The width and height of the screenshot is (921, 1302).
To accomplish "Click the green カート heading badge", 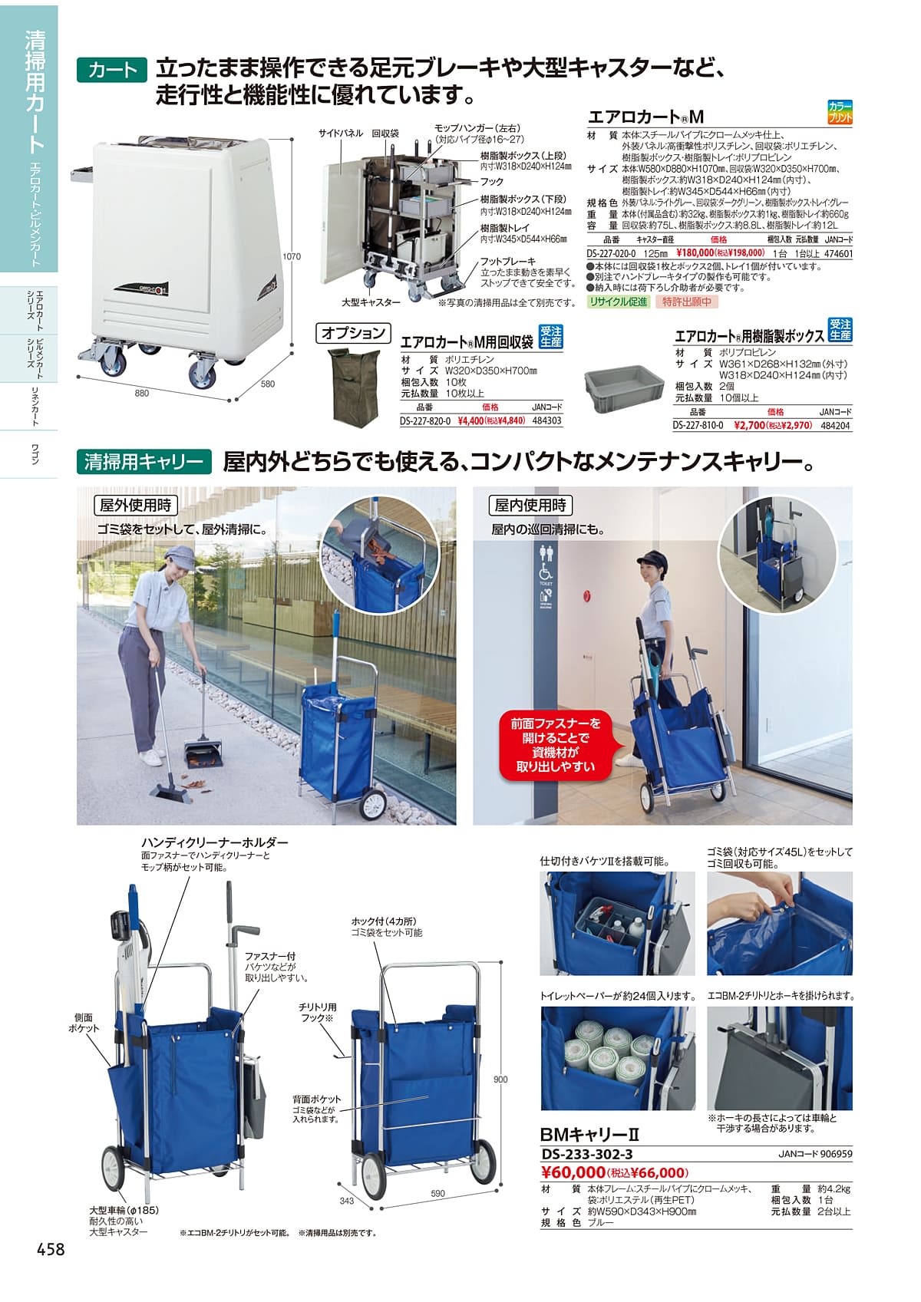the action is click(111, 71).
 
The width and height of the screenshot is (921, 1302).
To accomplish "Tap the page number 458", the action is click(51, 1248).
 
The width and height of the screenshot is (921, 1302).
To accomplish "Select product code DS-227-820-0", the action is click(425, 420).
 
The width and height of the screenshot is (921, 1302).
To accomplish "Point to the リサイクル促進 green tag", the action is click(618, 302).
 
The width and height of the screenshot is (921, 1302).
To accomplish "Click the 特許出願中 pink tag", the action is click(686, 302).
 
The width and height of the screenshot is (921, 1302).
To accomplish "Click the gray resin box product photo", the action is click(624, 388).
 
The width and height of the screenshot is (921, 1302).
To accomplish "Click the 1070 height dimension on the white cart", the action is click(292, 256).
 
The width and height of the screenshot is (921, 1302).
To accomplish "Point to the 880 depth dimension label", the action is click(142, 393).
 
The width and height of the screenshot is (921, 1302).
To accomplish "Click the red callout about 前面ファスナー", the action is click(555, 744).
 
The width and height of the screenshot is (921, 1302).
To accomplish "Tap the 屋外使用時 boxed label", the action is click(136, 505).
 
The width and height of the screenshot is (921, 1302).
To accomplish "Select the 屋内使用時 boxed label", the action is click(530, 505).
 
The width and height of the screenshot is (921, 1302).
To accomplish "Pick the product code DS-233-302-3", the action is click(586, 1155).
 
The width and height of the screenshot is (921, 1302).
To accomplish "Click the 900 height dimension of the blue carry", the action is click(500, 1080).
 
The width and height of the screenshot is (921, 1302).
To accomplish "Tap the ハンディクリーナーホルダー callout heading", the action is click(215, 842).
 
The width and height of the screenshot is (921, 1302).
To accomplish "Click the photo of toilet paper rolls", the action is click(618, 1058).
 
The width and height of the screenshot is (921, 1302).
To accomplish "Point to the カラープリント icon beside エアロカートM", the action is click(840, 112).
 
